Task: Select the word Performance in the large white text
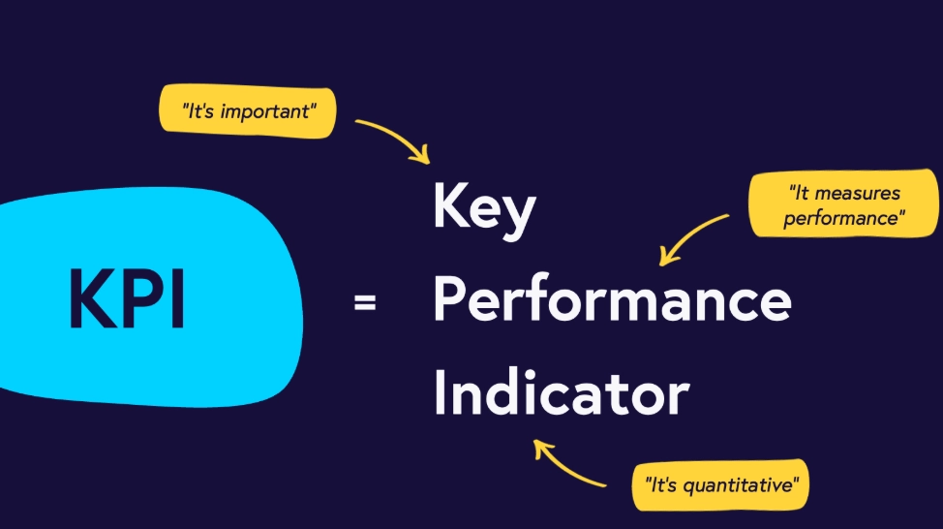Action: click(x=612, y=300)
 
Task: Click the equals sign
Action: click(x=365, y=303)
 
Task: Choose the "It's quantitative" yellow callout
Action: click(x=719, y=482)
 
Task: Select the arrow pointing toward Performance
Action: click(x=692, y=238)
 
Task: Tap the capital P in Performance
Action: click(x=448, y=300)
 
